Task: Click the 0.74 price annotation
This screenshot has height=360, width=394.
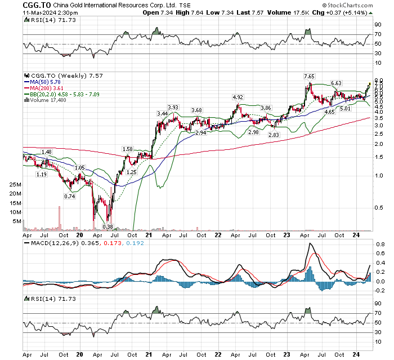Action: pos(69,196)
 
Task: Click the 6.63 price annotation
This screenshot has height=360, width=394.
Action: pos(337,83)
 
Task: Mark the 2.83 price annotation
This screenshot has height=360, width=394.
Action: pos(274,136)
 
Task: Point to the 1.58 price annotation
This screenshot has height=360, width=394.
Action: pos(128,150)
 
